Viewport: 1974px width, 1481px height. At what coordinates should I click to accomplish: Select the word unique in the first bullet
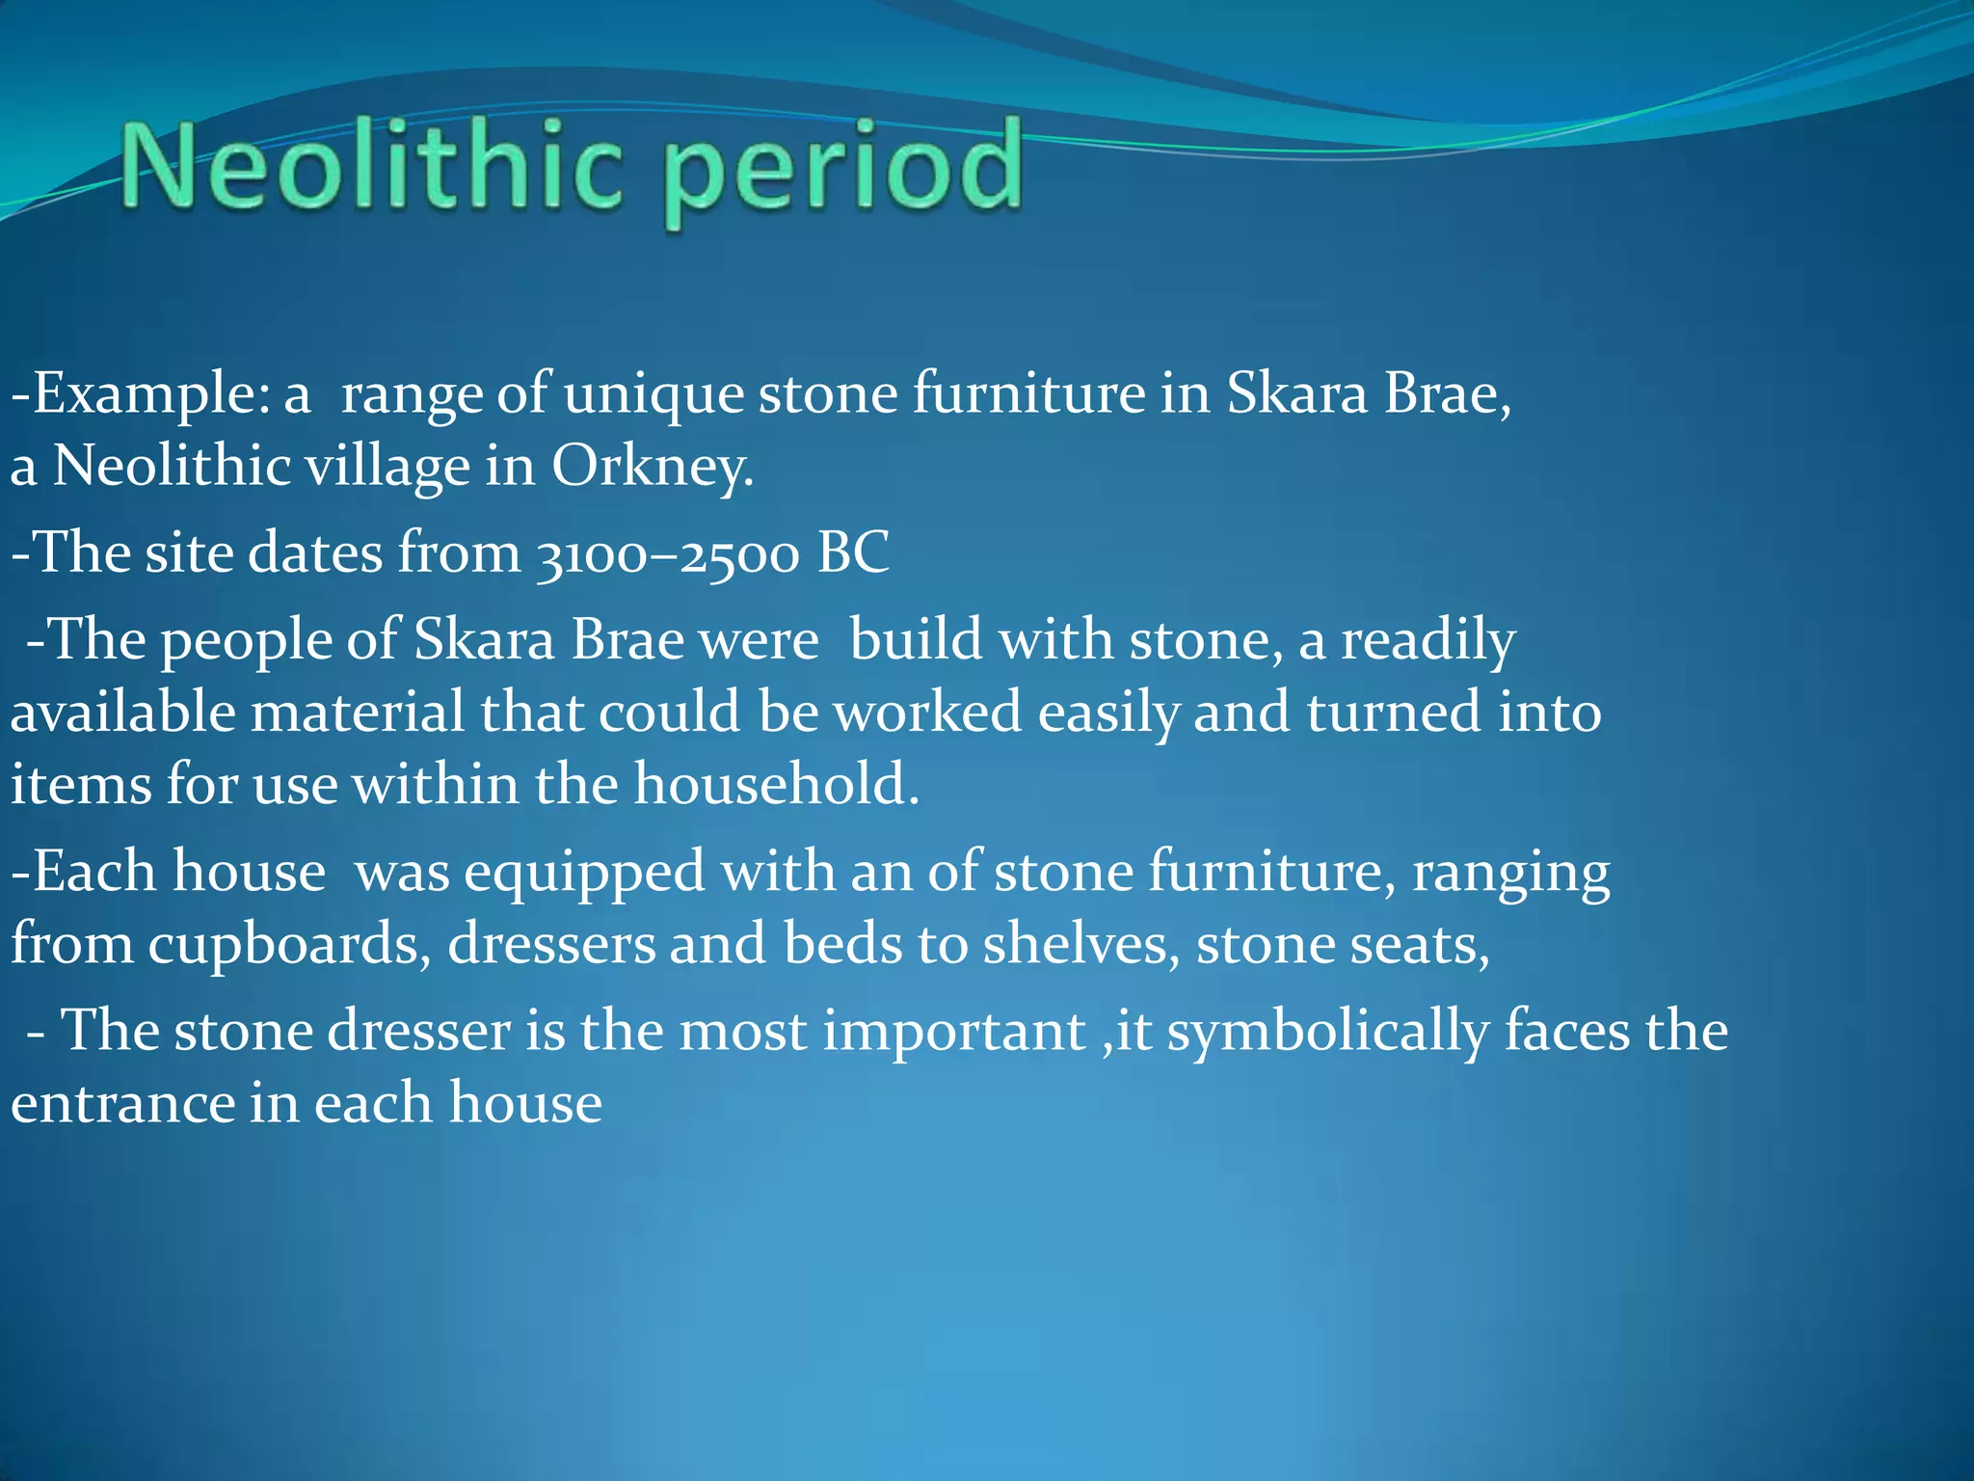(654, 395)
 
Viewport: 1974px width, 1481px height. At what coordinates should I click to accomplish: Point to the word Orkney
(652, 468)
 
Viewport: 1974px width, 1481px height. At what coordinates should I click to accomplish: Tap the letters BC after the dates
(853, 553)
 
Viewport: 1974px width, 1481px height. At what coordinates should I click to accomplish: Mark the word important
(954, 1032)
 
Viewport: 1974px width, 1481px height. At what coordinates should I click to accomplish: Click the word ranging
(1510, 874)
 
